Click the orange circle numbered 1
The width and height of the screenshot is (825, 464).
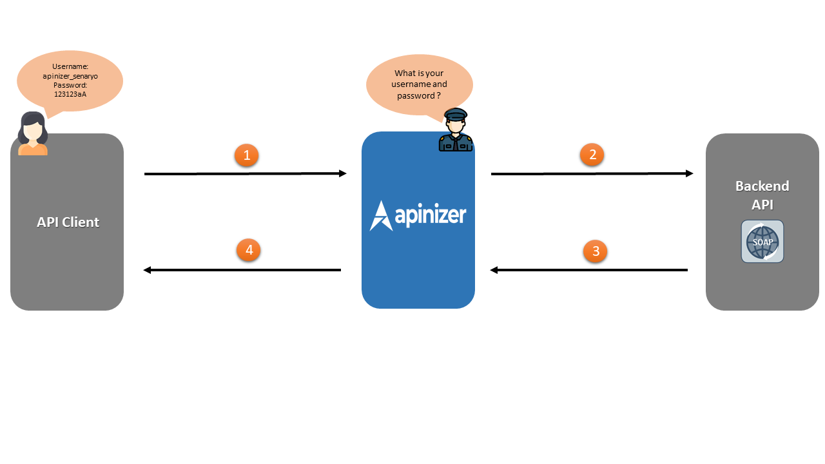pyautogui.click(x=246, y=155)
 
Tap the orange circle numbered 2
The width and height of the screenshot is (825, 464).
pyautogui.click(x=592, y=155)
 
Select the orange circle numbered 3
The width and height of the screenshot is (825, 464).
pyautogui.click(x=595, y=251)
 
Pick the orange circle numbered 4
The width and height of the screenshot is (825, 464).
pyautogui.click(x=248, y=250)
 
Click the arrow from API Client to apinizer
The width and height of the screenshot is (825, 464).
pyautogui.click(x=246, y=173)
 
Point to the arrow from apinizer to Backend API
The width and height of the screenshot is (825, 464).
pyautogui.click(x=592, y=173)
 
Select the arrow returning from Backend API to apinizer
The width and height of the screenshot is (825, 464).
pyautogui.click(x=589, y=270)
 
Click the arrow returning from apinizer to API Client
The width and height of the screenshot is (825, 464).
pyautogui.click(x=242, y=270)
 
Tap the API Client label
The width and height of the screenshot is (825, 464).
pyautogui.click(x=68, y=222)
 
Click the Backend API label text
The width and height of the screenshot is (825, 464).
pyautogui.click(x=762, y=195)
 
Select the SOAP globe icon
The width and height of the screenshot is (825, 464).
pyautogui.click(x=762, y=242)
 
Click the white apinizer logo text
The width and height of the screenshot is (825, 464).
pyautogui.click(x=430, y=215)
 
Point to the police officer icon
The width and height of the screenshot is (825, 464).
pyautogui.click(x=456, y=130)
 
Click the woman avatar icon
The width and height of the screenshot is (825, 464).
pyautogui.click(x=32, y=134)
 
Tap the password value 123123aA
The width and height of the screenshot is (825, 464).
pyautogui.click(x=70, y=94)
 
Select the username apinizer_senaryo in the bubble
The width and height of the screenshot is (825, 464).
pyautogui.click(x=70, y=76)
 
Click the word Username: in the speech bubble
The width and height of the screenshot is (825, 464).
pyautogui.click(x=70, y=67)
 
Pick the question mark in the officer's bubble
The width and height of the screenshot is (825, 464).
pyautogui.click(x=438, y=95)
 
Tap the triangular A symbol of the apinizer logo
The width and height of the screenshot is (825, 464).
pyautogui.click(x=380, y=216)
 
